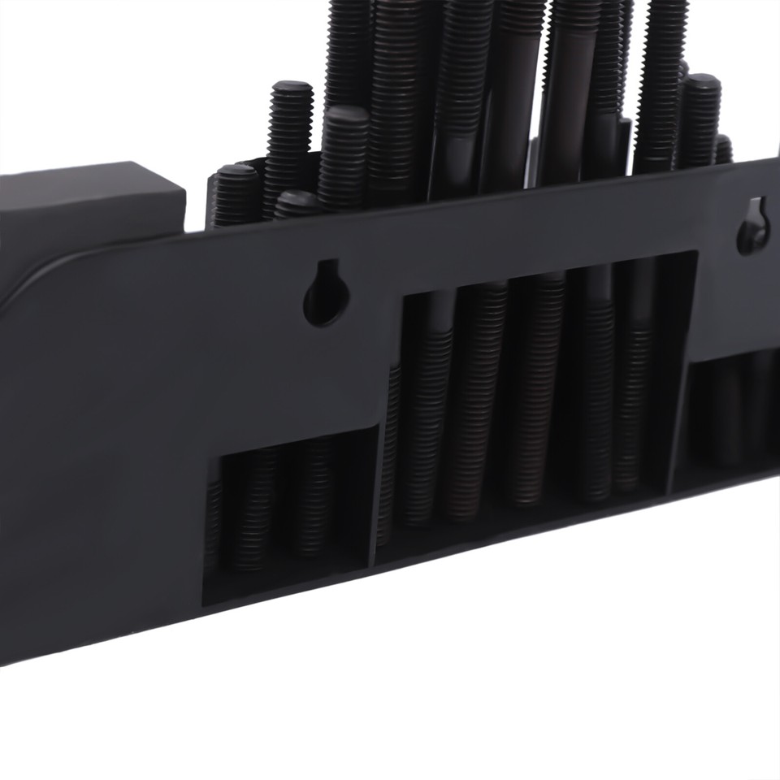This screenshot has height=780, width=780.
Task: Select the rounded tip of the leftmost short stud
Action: pos(236,172)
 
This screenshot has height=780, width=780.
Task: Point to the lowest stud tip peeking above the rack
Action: pos(296,198)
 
